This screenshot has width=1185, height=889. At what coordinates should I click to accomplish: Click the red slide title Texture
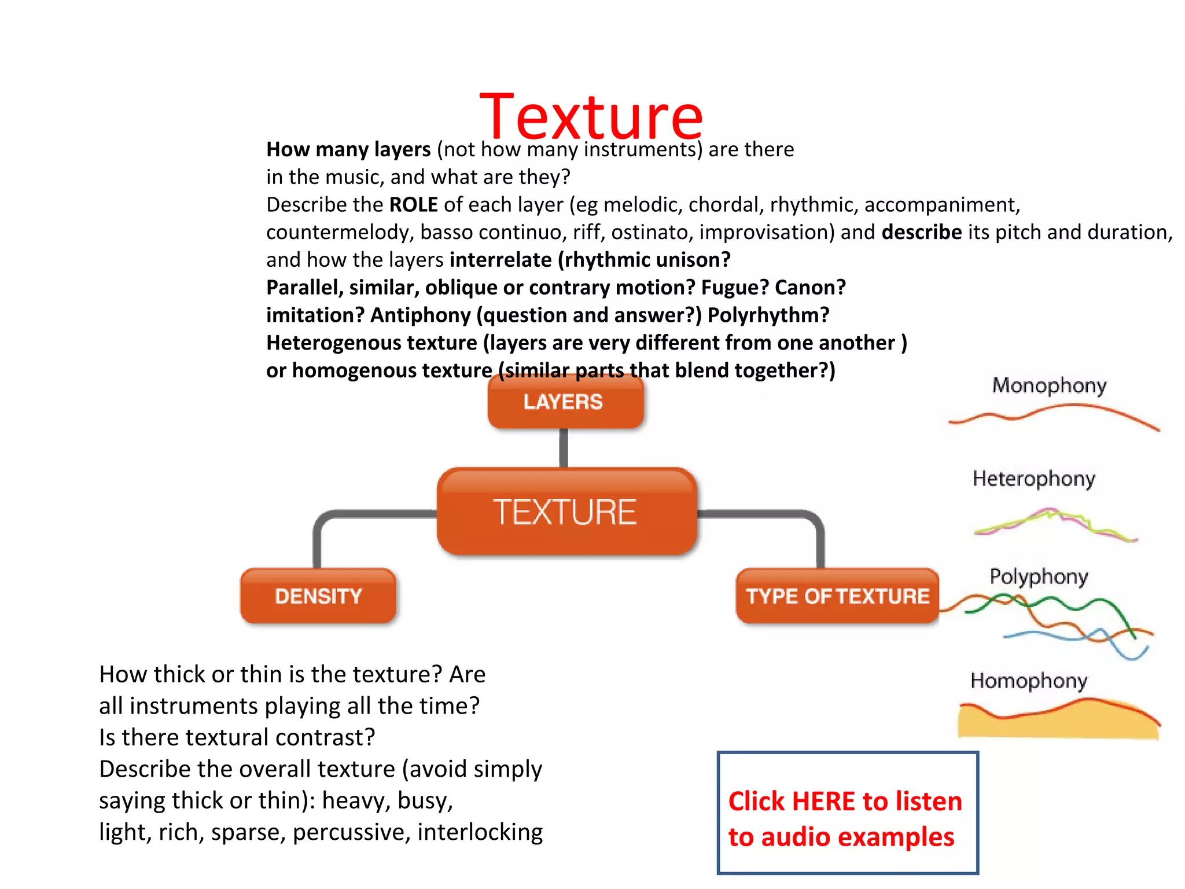pyautogui.click(x=591, y=117)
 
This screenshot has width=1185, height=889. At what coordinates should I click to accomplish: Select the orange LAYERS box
pyautogui.click(x=565, y=402)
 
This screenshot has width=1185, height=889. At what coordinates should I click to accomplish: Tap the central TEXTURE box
pyautogui.click(x=565, y=512)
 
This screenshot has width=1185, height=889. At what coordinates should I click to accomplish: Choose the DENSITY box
pyautogui.click(x=318, y=596)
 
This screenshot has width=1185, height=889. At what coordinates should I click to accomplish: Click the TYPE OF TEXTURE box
pyautogui.click(x=837, y=596)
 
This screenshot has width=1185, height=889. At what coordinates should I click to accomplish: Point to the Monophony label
pyautogui.click(x=1049, y=385)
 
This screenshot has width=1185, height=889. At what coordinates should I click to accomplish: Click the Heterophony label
pyautogui.click(x=1034, y=479)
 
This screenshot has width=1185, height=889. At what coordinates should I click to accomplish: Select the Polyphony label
pyautogui.click(x=1039, y=576)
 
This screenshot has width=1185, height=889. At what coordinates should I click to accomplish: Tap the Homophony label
pyautogui.click(x=1029, y=681)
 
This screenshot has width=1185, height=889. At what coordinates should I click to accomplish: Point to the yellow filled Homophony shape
pyautogui.click(x=1059, y=722)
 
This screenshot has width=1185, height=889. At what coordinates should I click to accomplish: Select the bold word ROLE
pyautogui.click(x=413, y=205)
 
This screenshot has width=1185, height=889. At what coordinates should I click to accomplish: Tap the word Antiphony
pyautogui.click(x=421, y=315)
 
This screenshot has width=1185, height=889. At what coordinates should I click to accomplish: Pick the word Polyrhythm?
pyautogui.click(x=768, y=315)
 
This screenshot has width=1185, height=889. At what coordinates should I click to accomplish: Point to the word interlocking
pyautogui.click(x=480, y=832)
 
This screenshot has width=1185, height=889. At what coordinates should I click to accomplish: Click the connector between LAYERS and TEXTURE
pyautogui.click(x=564, y=448)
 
